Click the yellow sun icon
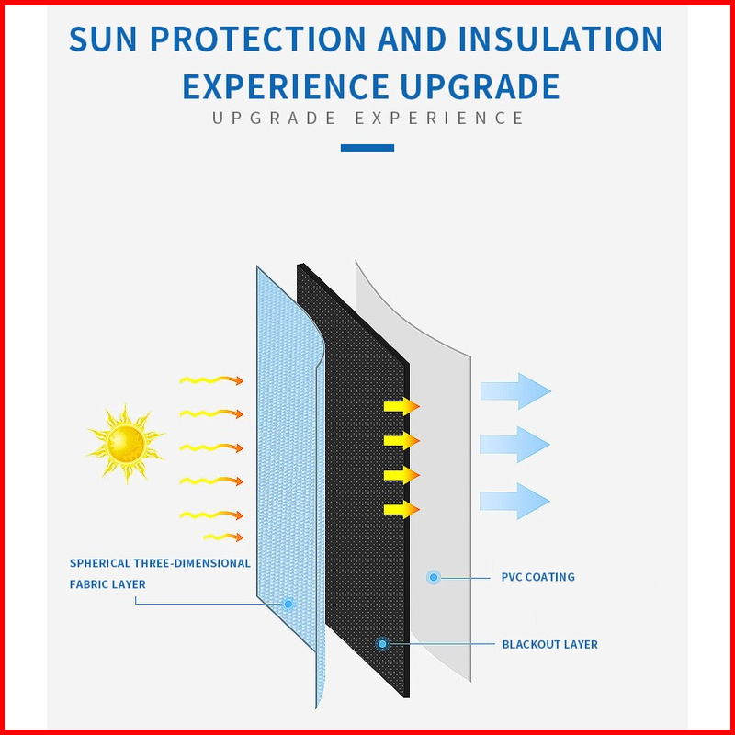(126, 444)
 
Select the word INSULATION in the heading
(560, 39)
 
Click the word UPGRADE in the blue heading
(480, 86)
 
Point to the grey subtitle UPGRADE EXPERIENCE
(368, 119)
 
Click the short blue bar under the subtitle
(367, 148)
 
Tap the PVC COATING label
(538, 577)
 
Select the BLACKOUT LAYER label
(549, 645)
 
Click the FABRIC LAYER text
(107, 584)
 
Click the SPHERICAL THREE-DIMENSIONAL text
(160, 563)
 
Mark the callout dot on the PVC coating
(434, 577)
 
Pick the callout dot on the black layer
(382, 644)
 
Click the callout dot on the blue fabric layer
(288, 604)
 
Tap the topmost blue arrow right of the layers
(515, 391)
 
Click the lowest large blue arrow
(514, 501)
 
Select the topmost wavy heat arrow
(211, 380)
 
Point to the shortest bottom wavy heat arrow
(223, 537)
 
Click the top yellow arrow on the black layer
(401, 406)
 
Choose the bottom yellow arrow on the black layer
(401, 510)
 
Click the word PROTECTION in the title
(258, 39)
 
